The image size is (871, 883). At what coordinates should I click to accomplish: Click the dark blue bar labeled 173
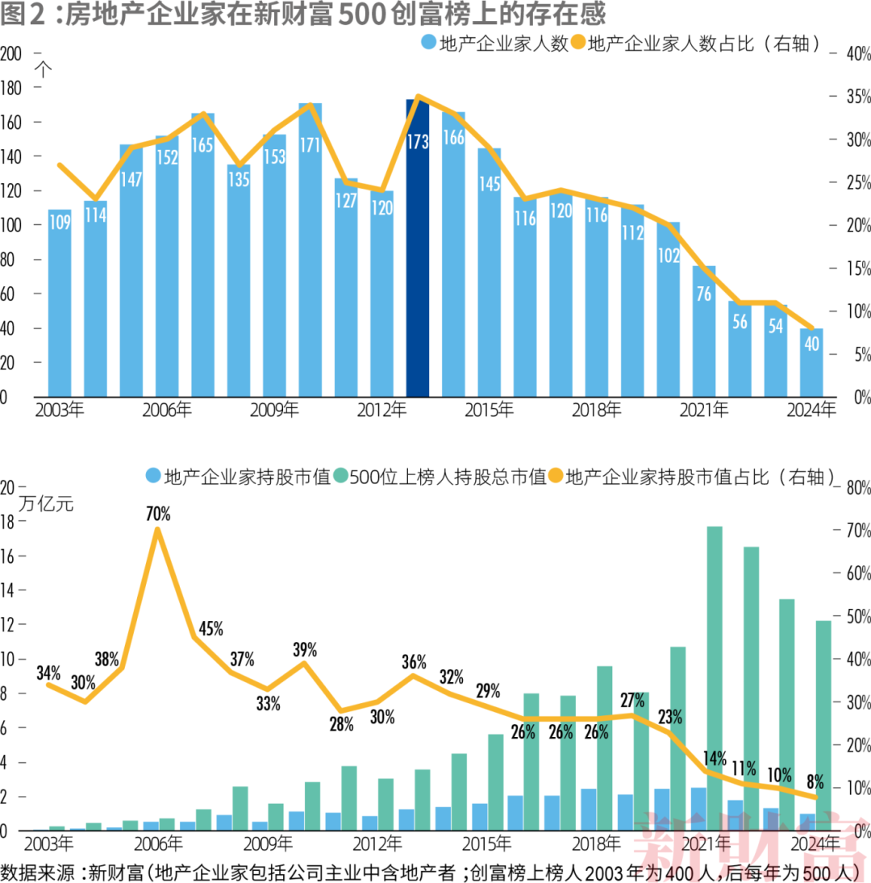point(418,250)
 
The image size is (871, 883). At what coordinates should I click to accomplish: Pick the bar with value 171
point(310,250)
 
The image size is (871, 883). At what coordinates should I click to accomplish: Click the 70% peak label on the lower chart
point(158,513)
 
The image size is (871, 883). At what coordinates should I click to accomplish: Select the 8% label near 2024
point(815,781)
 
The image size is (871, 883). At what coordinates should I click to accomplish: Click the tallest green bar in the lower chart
point(714,677)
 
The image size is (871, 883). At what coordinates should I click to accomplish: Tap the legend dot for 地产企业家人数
point(428,43)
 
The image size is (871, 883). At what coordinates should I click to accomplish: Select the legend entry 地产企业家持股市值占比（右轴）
point(698,477)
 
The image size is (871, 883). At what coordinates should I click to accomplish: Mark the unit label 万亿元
point(46,506)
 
